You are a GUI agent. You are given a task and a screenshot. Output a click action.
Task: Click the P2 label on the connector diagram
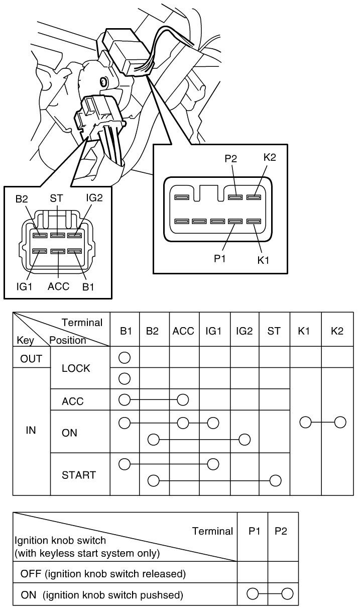pos(231,158)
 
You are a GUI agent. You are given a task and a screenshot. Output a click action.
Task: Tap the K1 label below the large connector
pos(263,260)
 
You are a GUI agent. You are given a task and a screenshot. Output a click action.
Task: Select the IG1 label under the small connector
pos(24,286)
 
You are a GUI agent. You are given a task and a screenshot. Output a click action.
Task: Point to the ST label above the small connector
pos(56,198)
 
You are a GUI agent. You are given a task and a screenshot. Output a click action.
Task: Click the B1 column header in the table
pos(126,331)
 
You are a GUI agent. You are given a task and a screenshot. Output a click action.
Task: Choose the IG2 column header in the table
pos(244,331)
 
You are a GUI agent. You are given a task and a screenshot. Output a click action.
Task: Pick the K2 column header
pos(337,331)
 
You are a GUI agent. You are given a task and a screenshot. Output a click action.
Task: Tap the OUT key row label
pos(31,359)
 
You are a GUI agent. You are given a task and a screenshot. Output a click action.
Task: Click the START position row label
pos(79,475)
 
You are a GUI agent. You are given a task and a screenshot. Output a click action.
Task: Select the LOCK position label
pos(76,368)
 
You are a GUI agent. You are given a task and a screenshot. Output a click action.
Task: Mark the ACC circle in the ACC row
pos(183,400)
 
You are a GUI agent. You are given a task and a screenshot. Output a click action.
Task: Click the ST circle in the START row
pos(275,481)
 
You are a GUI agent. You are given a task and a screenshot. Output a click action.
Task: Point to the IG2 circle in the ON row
pos(245,440)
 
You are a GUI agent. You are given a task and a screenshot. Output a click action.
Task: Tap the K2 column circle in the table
pos(340,423)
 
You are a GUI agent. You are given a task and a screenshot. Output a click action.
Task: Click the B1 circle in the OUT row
pos(125,358)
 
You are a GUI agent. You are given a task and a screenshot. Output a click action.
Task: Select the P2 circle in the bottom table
pos(287,593)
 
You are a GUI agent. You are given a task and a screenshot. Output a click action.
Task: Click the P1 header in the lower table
pos(254,531)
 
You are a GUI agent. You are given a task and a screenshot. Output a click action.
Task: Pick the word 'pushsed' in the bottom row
pos(162,595)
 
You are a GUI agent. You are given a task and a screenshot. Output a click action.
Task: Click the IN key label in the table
pos(31,430)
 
